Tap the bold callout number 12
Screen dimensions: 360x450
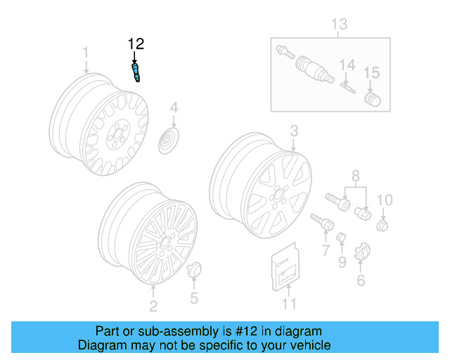point(135,44)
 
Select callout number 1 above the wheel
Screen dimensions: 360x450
point(86,52)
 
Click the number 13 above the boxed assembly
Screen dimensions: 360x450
point(340,25)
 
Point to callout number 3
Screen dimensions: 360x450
point(294,130)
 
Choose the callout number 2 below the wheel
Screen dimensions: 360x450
point(153,305)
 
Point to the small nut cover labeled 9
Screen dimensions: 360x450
point(341,238)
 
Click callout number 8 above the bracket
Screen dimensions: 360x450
point(355,174)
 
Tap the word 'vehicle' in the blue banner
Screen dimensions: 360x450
point(308,345)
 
